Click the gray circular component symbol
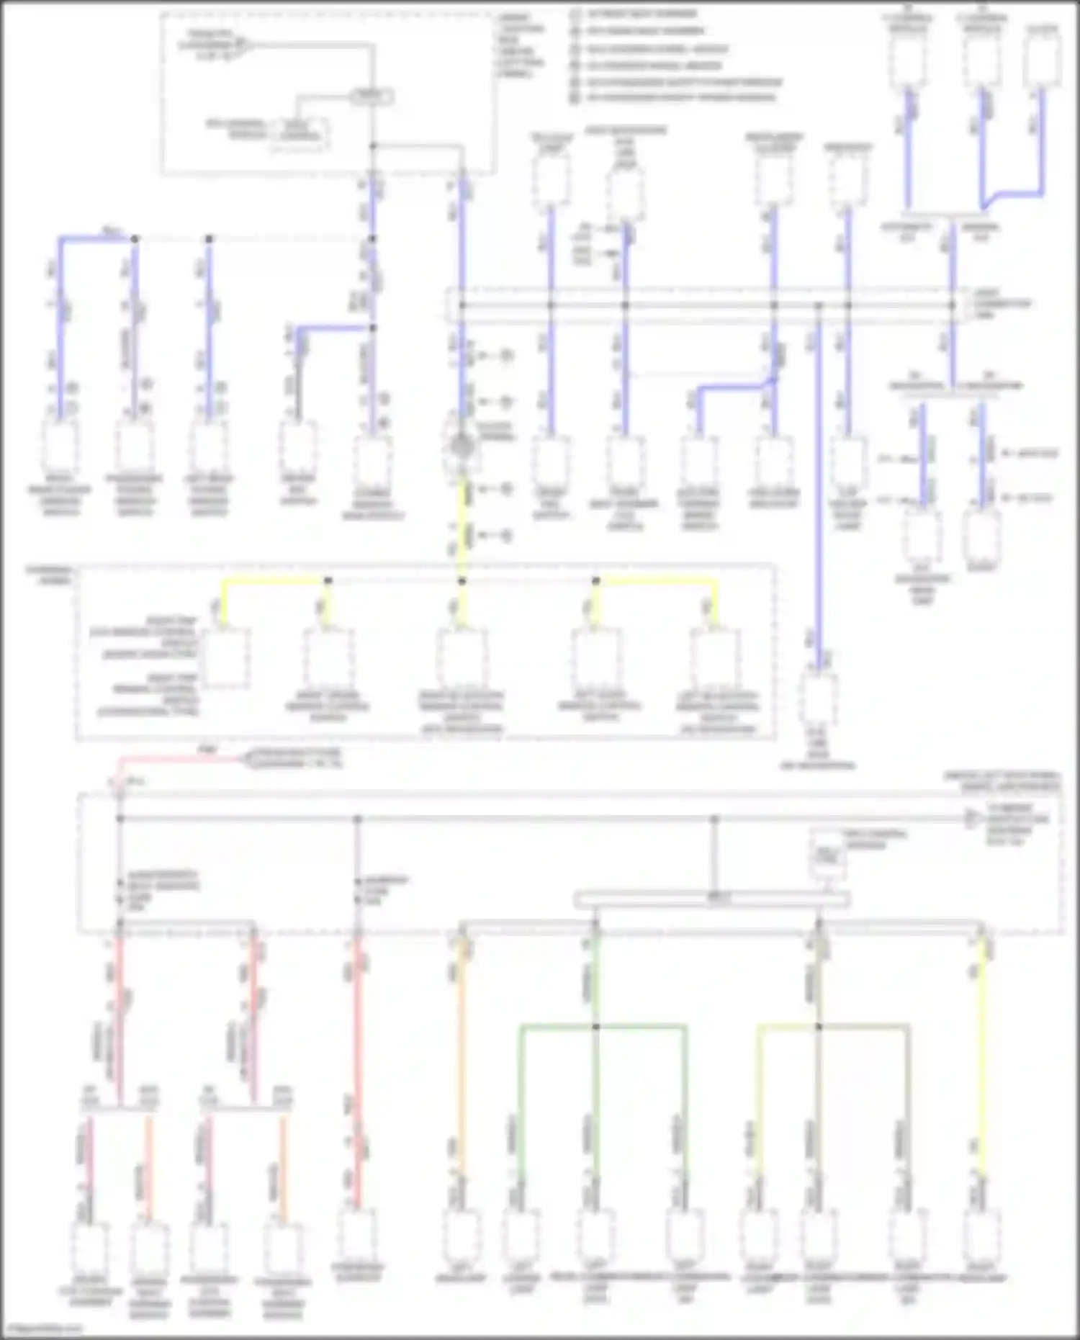(462, 447)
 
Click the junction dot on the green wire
(595, 1026)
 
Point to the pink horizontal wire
(180, 759)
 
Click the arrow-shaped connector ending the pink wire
(248, 759)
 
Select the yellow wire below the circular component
(462, 526)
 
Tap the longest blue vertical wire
(818, 490)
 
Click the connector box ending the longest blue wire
(819, 697)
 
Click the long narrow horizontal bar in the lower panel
(711, 899)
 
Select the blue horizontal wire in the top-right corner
(1019, 193)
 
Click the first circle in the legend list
(575, 14)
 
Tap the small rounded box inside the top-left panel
(372, 96)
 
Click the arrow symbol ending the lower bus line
(972, 819)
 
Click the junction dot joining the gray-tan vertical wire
(818, 1026)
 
